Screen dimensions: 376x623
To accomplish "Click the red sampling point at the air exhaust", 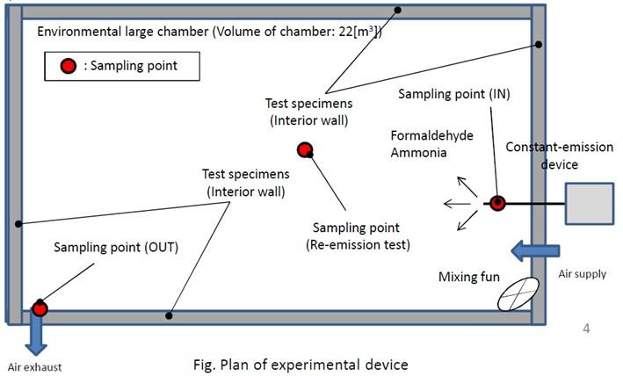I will [x=40, y=307].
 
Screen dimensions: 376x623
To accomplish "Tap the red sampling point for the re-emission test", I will [x=305, y=150].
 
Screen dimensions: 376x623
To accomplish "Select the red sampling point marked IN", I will [x=496, y=203].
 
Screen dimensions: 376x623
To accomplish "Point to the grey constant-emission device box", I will [x=589, y=204].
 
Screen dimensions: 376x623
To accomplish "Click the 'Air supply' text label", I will [x=582, y=274].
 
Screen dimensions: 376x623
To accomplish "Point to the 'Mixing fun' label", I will [x=469, y=278].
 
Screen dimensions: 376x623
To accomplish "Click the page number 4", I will [x=586, y=329].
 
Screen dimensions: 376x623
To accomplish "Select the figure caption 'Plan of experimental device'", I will [x=299, y=363].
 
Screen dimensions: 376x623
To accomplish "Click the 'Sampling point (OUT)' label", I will [x=116, y=248].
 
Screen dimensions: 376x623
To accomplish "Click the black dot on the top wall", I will [x=397, y=11].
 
